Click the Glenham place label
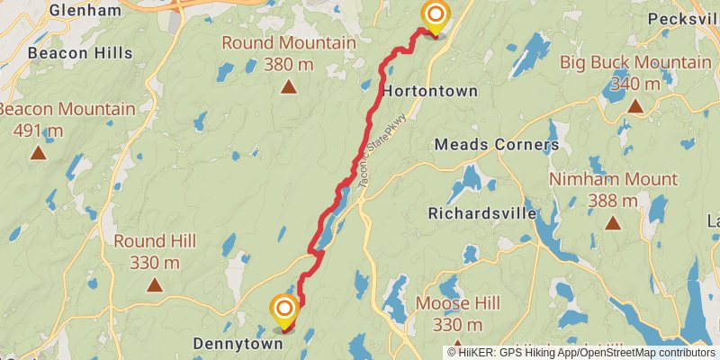click(x=85, y=11)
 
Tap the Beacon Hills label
click(x=80, y=53)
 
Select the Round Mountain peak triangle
click(x=288, y=87)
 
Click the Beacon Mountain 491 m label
click(x=67, y=120)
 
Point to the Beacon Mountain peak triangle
click(x=38, y=153)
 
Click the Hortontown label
click(x=429, y=92)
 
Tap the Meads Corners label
click(x=496, y=145)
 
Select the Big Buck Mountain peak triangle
click(x=635, y=106)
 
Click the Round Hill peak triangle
click(x=155, y=285)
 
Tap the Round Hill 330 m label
click(x=154, y=252)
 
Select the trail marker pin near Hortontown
click(x=435, y=16)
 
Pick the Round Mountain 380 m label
click(x=288, y=53)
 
